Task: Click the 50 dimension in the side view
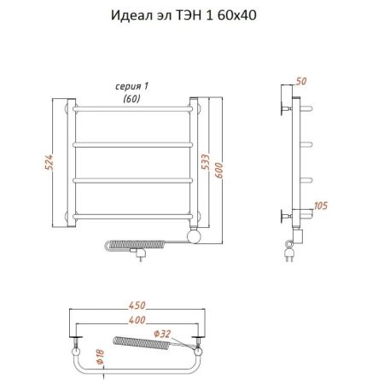[x=300, y=81]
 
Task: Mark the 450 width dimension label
[x=137, y=305]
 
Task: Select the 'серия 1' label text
[x=131, y=87]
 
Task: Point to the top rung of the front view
[x=137, y=110]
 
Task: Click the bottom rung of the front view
[x=137, y=213]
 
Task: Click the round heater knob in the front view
[x=195, y=233]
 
